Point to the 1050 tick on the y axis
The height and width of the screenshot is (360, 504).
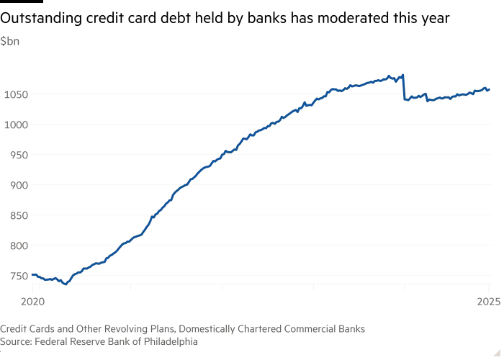tap(15, 94)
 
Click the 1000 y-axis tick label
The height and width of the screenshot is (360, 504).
tap(15, 125)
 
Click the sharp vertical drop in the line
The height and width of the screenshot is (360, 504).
tap(404, 86)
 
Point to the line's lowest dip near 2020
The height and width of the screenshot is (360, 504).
tap(66, 284)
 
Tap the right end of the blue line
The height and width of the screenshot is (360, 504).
tap(490, 90)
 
